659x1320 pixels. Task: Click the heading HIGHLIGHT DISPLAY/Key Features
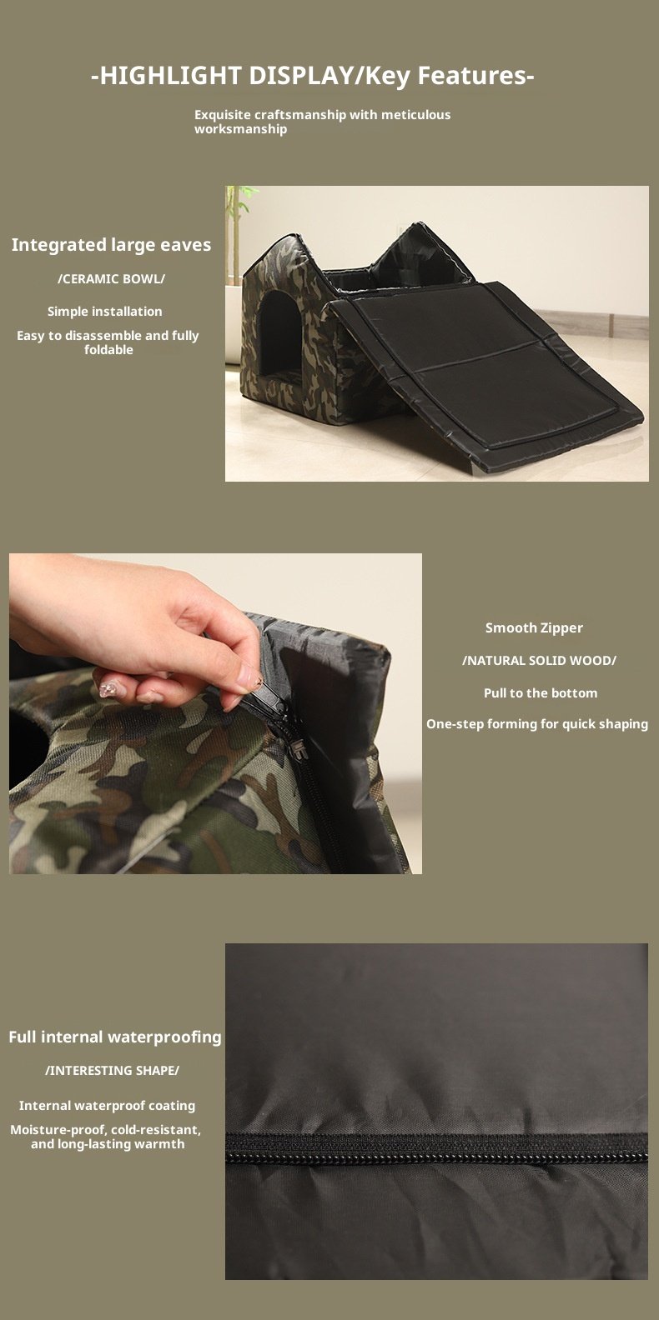coord(313,76)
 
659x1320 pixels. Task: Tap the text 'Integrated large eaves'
coord(111,245)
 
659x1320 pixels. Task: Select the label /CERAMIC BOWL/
coord(111,278)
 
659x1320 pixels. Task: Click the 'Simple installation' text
coord(105,311)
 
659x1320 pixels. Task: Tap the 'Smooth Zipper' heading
coord(534,628)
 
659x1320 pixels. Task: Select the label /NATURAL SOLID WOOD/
coord(539,661)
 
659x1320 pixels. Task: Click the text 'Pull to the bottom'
coord(541,693)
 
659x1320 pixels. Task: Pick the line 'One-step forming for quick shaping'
coord(537,724)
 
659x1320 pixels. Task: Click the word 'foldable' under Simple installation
coord(108,350)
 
